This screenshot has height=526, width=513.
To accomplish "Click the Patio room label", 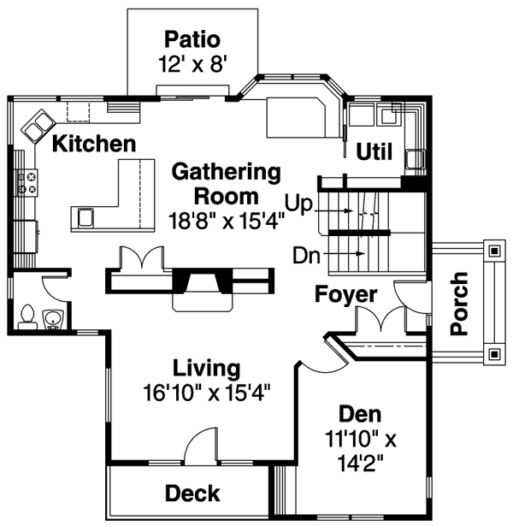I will (x=192, y=39).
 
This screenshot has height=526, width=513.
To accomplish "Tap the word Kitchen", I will (x=93, y=144).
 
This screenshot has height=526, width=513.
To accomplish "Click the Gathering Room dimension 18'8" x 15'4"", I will (x=227, y=218).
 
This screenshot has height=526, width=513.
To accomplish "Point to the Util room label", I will (x=374, y=152).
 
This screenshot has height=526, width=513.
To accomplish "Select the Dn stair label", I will (x=305, y=254).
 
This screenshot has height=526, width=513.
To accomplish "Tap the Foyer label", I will (x=345, y=295).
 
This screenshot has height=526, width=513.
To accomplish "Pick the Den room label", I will (x=359, y=413).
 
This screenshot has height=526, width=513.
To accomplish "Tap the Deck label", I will (x=192, y=493).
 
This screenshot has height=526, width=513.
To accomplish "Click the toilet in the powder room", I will (x=27, y=317).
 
